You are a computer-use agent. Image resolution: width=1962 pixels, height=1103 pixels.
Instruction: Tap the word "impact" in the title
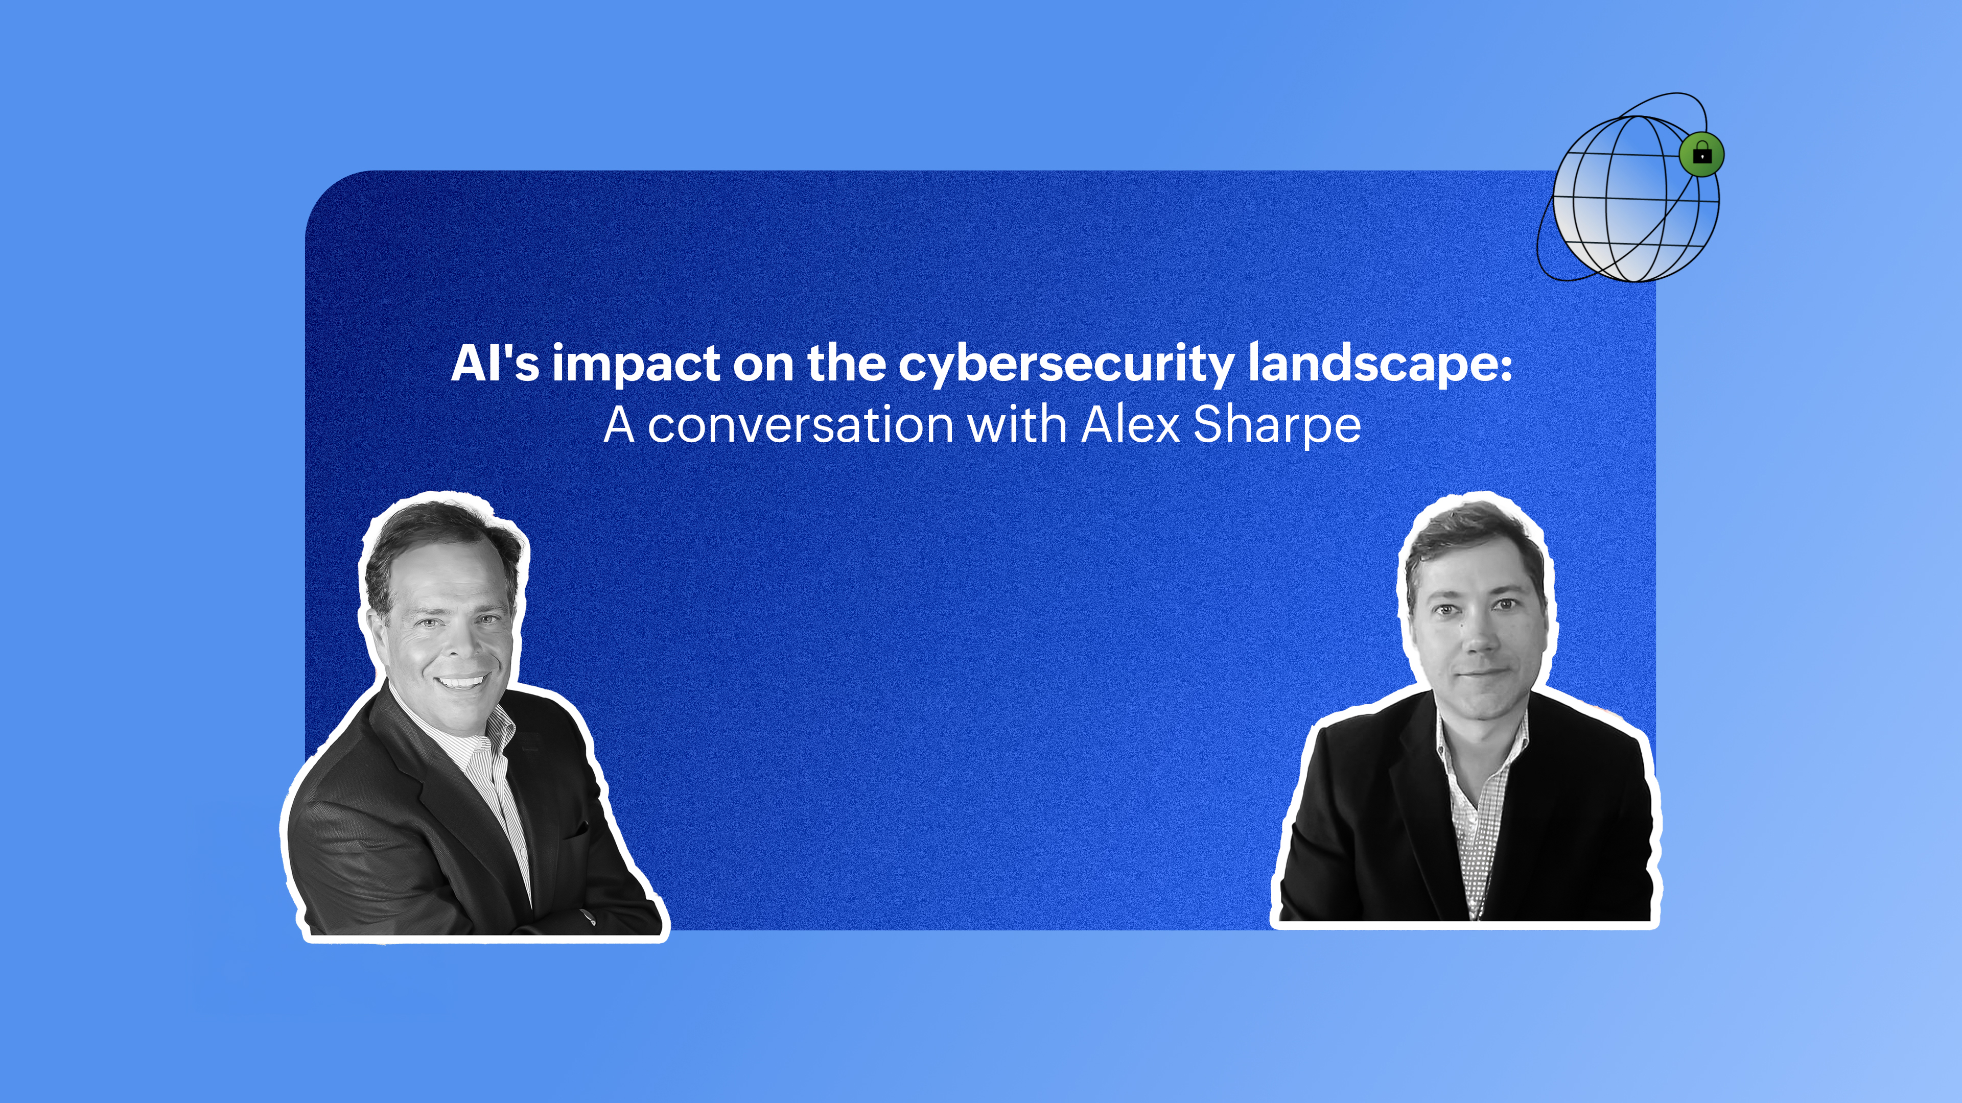[636, 366]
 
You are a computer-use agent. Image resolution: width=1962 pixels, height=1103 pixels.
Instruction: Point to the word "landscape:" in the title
[1380, 366]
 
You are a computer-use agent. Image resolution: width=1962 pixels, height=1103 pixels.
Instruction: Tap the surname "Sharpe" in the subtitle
[1276, 426]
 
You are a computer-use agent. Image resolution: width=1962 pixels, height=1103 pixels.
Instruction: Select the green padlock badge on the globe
[1701, 155]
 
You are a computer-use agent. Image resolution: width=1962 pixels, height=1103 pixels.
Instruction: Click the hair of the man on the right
[1474, 544]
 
